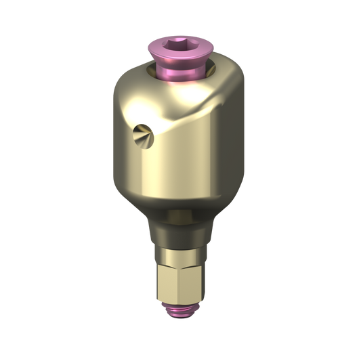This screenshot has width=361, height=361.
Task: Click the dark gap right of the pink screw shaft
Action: (x=205, y=68)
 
